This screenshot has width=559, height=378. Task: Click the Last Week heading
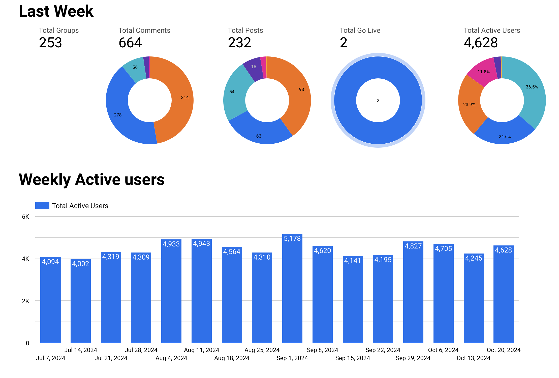[x=56, y=11]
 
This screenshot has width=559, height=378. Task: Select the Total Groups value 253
[x=50, y=43]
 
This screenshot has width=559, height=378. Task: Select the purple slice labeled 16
[x=253, y=68]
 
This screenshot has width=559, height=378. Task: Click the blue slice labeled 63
[x=260, y=132]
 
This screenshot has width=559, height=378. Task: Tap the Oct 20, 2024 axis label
[x=504, y=350]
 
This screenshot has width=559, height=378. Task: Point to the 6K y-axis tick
[x=25, y=217]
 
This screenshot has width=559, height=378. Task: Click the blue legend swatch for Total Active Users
[x=42, y=206]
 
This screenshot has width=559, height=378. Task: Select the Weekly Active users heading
[x=92, y=180]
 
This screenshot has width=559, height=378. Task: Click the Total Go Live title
[x=360, y=30]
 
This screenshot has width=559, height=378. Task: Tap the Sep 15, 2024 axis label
[x=352, y=358]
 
